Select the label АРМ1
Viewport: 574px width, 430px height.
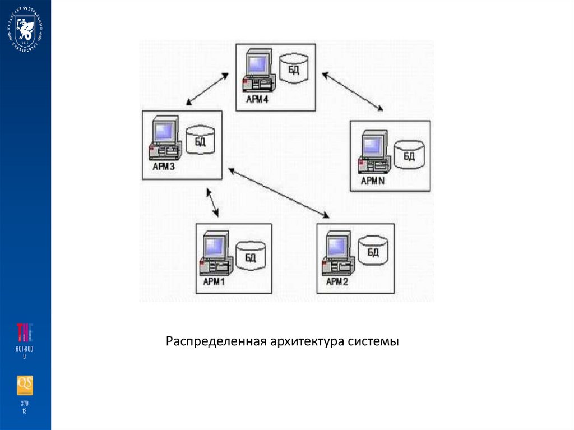tap(213, 281)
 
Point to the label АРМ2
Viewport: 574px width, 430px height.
tap(337, 281)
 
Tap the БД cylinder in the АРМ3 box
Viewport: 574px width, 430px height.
tap(200, 140)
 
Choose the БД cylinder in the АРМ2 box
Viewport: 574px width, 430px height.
tap(372, 252)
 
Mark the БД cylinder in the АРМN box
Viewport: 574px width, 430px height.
tap(408, 155)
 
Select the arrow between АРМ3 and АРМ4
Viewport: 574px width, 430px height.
tap(207, 89)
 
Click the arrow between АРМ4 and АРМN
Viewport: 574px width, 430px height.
tap(353, 91)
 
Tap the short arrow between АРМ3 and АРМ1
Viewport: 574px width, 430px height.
tap(212, 203)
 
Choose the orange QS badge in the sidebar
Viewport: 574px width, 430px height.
tap(25, 385)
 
